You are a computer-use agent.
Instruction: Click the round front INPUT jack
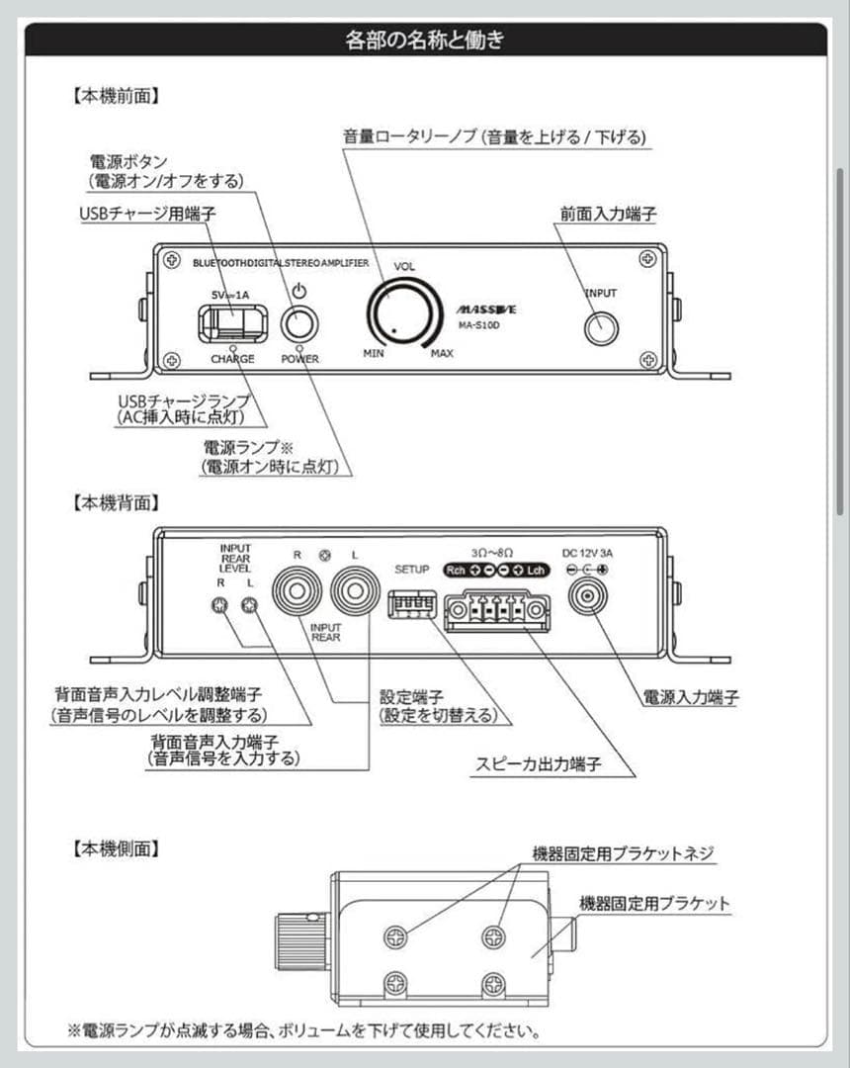tap(601, 327)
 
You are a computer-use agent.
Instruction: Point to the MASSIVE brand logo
tap(487, 310)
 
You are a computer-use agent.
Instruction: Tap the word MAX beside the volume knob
tap(442, 353)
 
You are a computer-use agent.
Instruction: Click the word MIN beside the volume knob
tap(374, 353)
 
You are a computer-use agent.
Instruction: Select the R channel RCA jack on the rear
tap(297, 593)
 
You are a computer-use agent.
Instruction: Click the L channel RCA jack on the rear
tap(356, 593)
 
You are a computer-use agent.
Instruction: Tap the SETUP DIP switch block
tap(412, 603)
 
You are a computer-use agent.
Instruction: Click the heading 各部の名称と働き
tap(425, 41)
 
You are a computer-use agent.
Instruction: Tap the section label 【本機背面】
tap(117, 502)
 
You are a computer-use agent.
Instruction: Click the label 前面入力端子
tap(608, 213)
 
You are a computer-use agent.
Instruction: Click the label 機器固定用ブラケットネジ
tap(623, 853)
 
